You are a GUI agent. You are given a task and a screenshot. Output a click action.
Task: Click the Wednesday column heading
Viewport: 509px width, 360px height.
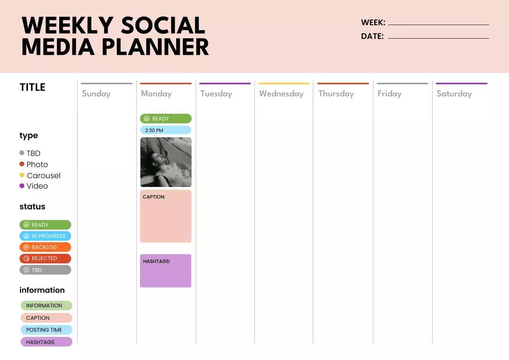point(281,94)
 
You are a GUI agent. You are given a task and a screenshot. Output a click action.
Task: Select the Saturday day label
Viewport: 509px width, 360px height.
point(454,94)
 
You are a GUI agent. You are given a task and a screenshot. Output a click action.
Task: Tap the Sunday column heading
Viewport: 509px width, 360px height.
point(96,94)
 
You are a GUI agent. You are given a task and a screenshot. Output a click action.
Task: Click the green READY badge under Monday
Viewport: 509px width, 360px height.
point(166,119)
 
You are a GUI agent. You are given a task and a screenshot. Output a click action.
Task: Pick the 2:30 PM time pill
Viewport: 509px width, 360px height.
point(166,130)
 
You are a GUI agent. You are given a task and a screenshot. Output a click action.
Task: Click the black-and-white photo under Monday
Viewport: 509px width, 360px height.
point(166,162)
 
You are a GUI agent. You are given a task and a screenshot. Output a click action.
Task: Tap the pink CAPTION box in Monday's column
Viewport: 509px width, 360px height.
point(166,216)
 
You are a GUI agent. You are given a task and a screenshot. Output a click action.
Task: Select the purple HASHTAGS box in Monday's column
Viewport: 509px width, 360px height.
point(166,271)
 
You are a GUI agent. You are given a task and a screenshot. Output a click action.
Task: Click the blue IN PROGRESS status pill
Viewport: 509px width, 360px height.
point(45,236)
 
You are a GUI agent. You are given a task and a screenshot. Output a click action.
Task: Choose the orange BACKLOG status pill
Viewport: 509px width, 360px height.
point(45,247)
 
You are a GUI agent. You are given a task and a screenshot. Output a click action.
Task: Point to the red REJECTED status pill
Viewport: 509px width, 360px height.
point(45,258)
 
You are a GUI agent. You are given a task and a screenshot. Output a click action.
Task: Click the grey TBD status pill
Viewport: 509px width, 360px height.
point(45,270)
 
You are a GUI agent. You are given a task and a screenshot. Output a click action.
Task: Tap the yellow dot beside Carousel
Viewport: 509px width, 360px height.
point(22,175)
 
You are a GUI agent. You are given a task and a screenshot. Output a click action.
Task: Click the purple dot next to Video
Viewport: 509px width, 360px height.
point(22,186)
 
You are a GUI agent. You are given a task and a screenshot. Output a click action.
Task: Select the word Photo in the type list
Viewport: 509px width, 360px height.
point(37,164)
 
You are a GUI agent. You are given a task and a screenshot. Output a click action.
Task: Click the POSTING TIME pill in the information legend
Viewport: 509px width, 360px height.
point(47,330)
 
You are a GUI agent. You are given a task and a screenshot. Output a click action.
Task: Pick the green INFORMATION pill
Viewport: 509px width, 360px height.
point(47,306)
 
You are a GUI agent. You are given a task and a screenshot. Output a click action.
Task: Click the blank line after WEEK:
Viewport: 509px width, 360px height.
point(438,24)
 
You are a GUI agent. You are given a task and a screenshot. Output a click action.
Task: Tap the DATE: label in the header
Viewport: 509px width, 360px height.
point(372,36)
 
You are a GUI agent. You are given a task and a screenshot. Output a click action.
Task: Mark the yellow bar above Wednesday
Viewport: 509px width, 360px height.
point(284,84)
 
